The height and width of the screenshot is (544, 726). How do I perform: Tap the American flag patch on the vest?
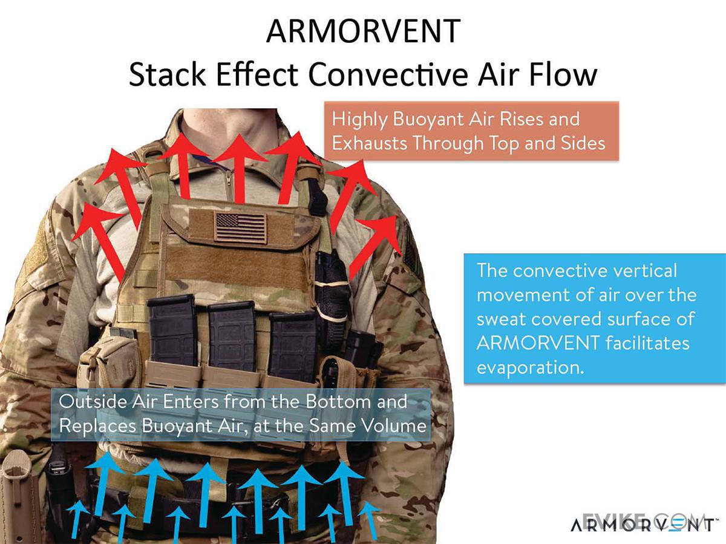pyautogui.click(x=241, y=227)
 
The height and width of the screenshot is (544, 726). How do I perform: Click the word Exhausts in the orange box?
pyautogui.click(x=370, y=144)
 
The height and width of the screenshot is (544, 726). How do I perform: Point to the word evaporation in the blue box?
pyautogui.click(x=531, y=368)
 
